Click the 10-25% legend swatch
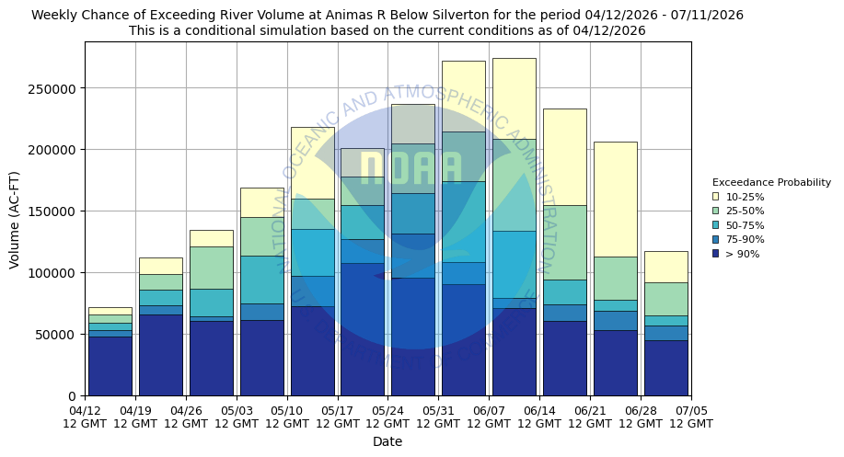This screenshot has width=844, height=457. (715, 197)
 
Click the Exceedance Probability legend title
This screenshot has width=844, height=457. (771, 182)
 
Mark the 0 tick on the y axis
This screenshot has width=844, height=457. (74, 396)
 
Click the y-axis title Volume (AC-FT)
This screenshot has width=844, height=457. (15, 219)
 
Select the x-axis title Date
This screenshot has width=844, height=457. (387, 441)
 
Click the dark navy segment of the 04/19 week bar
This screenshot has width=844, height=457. (160, 355)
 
